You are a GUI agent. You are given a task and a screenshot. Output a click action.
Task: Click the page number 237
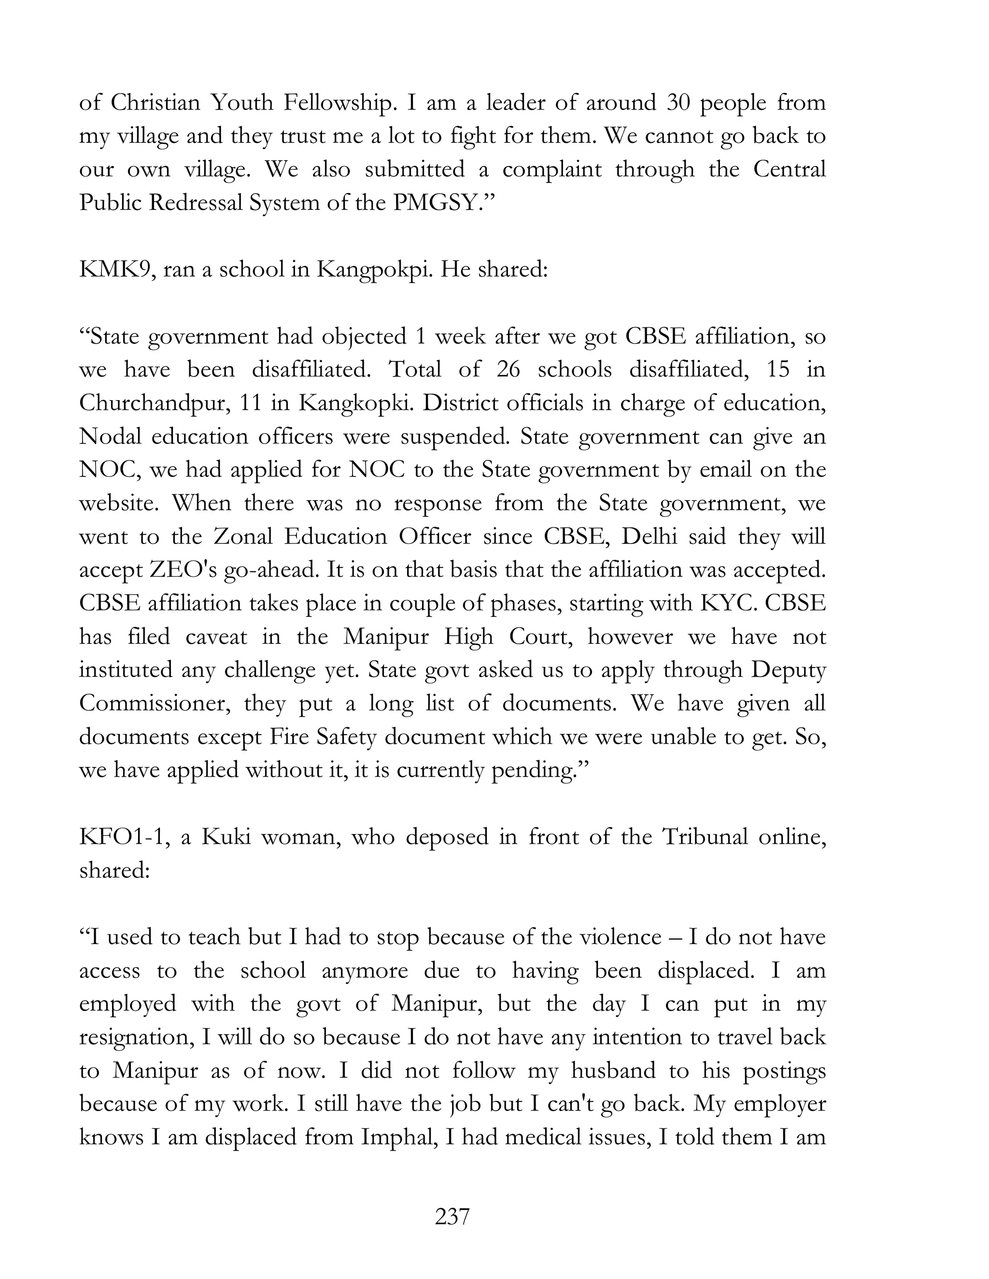452,1216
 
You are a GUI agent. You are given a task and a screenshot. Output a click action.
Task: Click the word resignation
136,1037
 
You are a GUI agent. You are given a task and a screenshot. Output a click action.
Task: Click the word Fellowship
338,102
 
